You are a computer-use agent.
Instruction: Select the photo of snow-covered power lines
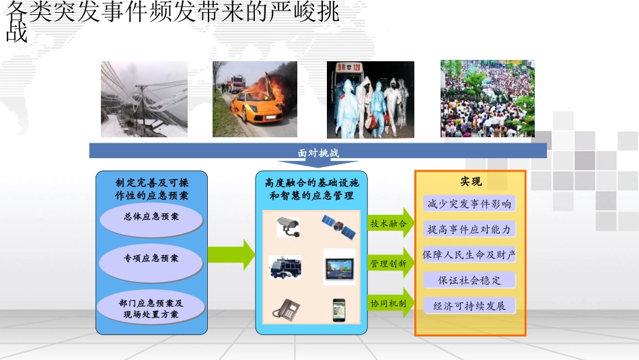tap(144, 99)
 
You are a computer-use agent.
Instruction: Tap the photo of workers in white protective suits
tap(370, 100)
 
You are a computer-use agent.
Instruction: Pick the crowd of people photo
tap(487, 98)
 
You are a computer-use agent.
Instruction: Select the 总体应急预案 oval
tap(151, 217)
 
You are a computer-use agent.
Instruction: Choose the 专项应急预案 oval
tap(151, 258)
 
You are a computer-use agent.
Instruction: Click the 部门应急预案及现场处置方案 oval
tap(151, 308)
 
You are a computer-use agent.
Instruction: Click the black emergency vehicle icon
tap(285, 267)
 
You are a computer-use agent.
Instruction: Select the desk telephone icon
tap(287, 309)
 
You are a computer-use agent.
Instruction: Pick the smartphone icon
tap(338, 309)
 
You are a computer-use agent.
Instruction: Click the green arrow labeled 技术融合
tap(390, 223)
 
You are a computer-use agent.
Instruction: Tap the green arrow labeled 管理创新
tap(390, 264)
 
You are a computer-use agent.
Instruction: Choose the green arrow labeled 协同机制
tap(390, 303)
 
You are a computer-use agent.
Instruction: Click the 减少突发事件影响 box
tap(469, 203)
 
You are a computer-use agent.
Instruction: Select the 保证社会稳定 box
tap(469, 280)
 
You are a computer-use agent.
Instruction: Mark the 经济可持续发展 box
tap(469, 306)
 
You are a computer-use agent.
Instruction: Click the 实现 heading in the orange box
tap(470, 182)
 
